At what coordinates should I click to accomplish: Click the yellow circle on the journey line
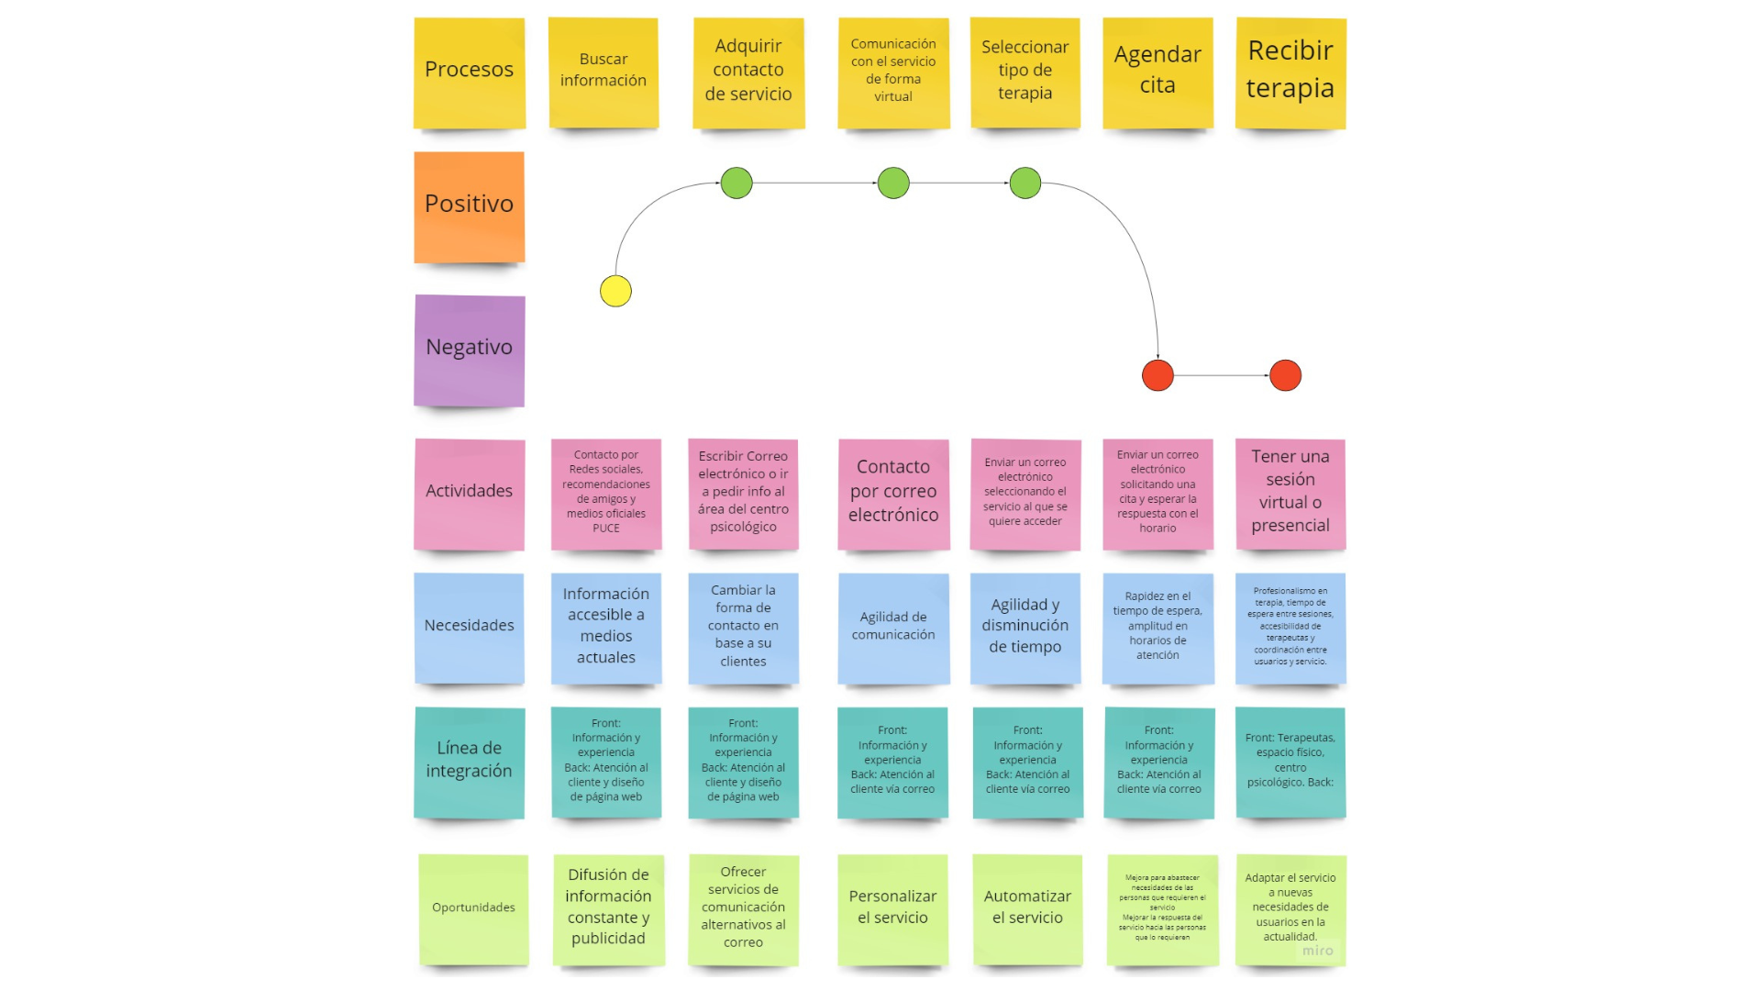[x=615, y=291]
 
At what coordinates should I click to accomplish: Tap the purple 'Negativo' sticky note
[x=469, y=350]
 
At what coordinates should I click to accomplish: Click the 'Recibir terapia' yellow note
[x=1290, y=72]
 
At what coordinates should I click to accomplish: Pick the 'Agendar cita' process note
[x=1157, y=72]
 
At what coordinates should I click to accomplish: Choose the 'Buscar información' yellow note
[x=603, y=72]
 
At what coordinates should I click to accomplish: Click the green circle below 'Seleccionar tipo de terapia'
[x=1024, y=184]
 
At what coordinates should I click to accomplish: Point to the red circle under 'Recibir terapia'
[x=1285, y=375]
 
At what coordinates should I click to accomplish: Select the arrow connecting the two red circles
[x=1221, y=375]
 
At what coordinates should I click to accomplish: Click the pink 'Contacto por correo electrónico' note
[x=892, y=493]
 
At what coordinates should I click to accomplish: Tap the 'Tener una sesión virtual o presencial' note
[x=1290, y=493]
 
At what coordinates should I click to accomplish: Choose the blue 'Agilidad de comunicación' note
[x=892, y=628]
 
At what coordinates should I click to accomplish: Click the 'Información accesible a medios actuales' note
[x=605, y=628]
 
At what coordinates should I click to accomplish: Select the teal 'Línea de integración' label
[x=469, y=762]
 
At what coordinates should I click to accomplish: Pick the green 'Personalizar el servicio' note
[x=892, y=908]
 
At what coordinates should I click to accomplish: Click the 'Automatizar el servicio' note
[x=1027, y=908]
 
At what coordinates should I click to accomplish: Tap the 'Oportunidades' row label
[x=473, y=908]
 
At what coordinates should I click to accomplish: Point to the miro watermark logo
[x=1317, y=951]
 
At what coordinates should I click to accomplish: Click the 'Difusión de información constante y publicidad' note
[x=608, y=908]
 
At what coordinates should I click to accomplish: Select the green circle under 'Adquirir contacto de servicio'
[x=737, y=184]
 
